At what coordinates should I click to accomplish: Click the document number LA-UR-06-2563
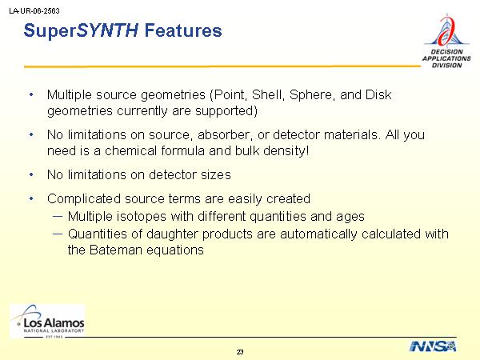[x=34, y=11]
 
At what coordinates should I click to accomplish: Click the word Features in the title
[x=183, y=30]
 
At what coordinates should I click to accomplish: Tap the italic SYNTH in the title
[x=107, y=30]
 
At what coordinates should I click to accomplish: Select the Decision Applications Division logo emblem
[x=446, y=30]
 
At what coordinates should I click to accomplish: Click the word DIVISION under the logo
[x=446, y=66]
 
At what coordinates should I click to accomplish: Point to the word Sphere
[x=310, y=95]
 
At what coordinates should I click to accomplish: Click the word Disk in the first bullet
[x=378, y=94]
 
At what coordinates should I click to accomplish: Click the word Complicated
[x=84, y=199]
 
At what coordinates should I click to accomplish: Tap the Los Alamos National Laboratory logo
[x=47, y=322]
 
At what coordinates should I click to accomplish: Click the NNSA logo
[x=433, y=346]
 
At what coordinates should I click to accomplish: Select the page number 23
[x=240, y=352]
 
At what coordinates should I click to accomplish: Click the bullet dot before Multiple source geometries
[x=31, y=95]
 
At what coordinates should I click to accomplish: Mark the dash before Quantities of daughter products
[x=58, y=234]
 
